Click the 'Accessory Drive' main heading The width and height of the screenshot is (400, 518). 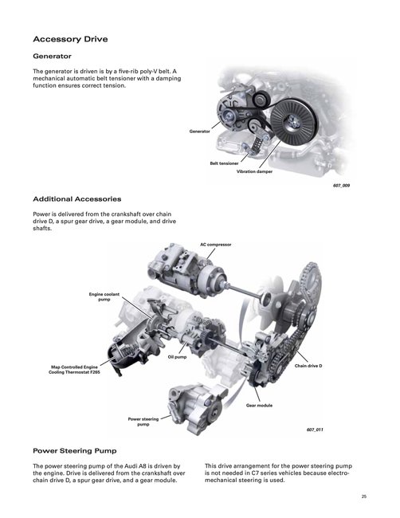70,39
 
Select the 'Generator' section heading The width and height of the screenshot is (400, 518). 52,56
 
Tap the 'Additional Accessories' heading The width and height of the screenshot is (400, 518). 77,199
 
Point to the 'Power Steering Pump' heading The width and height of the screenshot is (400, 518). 75,451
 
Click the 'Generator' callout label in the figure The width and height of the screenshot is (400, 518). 199,131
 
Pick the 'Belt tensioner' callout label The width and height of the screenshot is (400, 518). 224,163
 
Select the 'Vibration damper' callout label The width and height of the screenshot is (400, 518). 254,172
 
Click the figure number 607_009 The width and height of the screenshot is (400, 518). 341,186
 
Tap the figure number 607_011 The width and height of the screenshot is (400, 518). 315,430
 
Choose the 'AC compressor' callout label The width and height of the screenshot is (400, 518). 216,245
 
